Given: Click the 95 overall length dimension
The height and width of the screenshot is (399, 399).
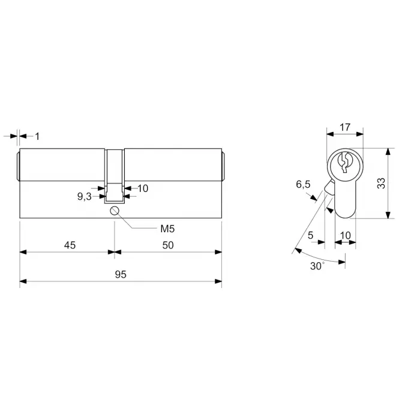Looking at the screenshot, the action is [x=121, y=274].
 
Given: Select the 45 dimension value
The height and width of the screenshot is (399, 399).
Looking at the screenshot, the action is [x=70, y=245].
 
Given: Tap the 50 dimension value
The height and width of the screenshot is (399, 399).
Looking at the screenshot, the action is [x=168, y=245].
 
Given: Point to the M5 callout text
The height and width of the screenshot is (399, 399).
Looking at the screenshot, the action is [x=167, y=229].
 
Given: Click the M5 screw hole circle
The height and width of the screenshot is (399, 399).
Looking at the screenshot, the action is [x=115, y=211].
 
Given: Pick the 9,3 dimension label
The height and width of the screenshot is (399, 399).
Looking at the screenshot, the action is [x=85, y=196].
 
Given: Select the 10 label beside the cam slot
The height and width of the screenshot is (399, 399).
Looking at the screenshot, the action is [x=143, y=188].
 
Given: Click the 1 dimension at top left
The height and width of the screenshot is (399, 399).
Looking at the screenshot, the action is [x=37, y=136].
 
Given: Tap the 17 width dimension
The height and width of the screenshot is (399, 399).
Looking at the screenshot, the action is [x=345, y=127].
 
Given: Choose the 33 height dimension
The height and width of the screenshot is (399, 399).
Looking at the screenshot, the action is [x=381, y=183].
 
